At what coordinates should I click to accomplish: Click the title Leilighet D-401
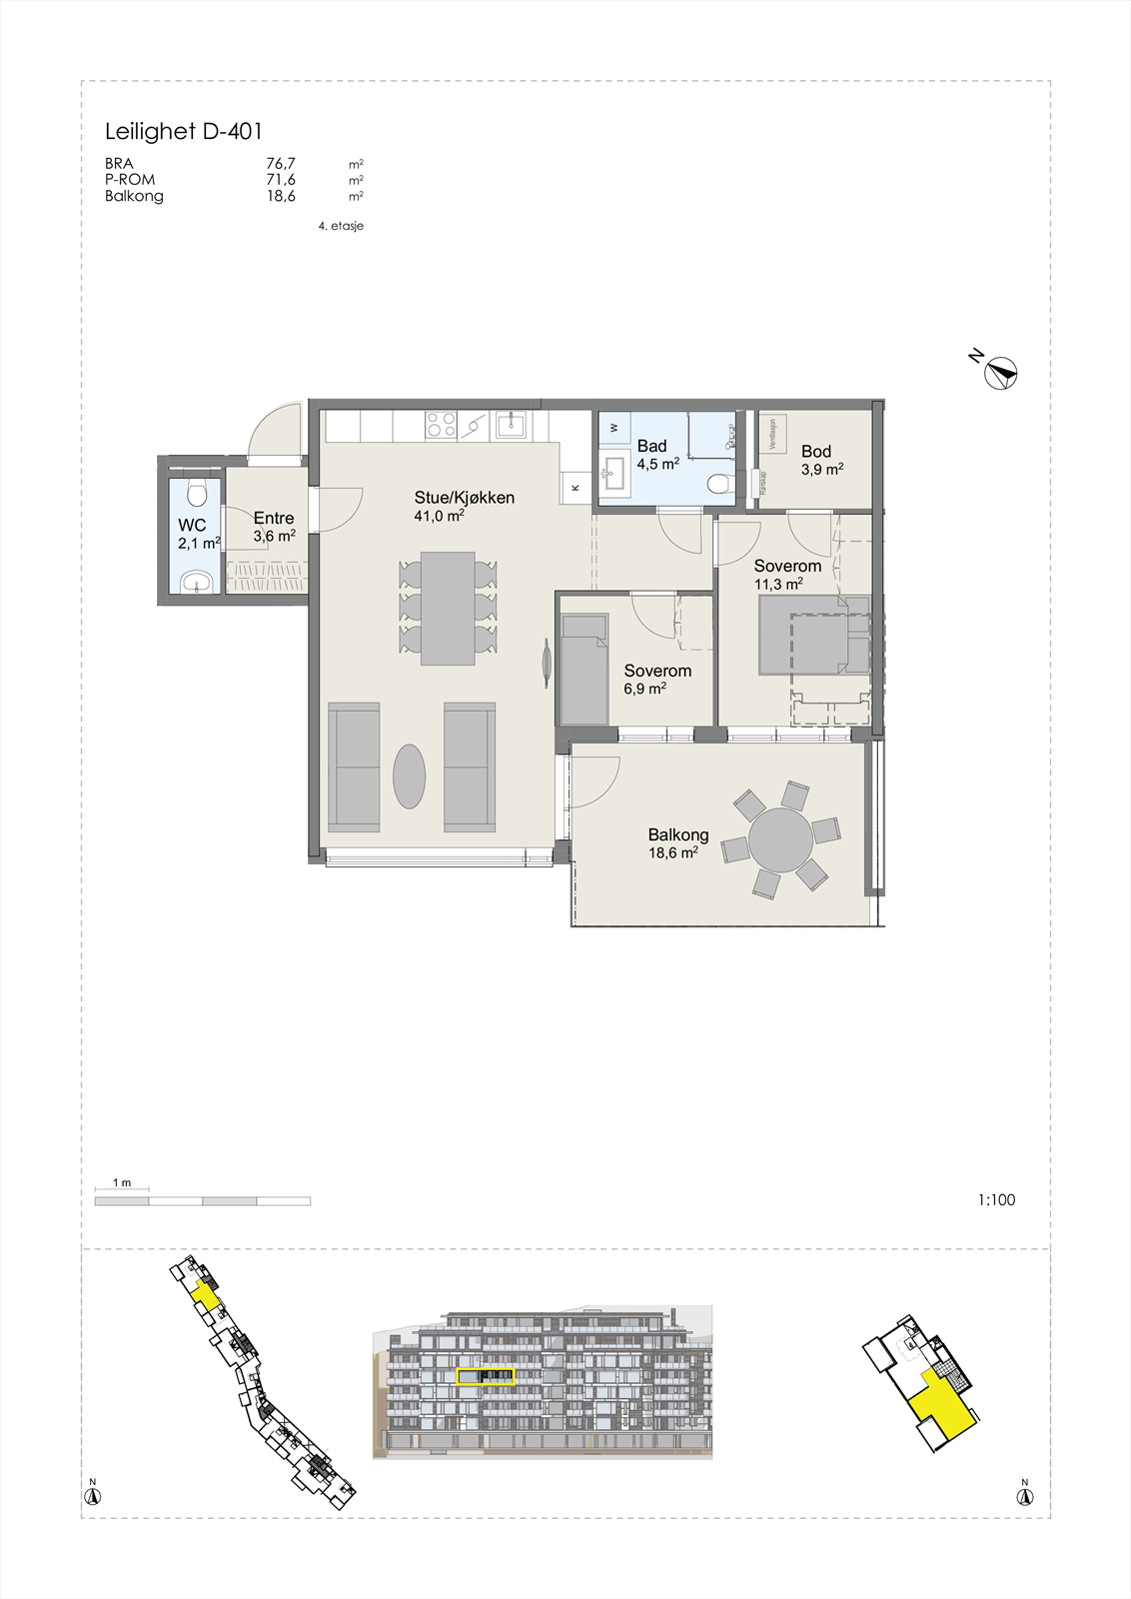tap(184, 131)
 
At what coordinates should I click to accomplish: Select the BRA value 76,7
tap(281, 164)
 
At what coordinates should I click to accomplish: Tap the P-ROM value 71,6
tap(281, 180)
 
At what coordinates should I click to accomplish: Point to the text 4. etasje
tap(341, 226)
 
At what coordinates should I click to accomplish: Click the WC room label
tap(192, 526)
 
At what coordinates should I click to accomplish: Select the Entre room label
tap(274, 518)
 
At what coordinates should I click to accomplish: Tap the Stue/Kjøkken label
tap(465, 498)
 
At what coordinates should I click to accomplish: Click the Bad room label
tap(652, 446)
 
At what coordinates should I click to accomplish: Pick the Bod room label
tap(816, 452)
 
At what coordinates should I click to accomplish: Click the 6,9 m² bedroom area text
tap(645, 689)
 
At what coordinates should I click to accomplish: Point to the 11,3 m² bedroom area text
tap(779, 585)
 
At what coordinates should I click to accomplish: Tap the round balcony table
tap(781, 840)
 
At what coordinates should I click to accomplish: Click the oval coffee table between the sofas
tap(410, 776)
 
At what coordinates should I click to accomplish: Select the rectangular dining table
tap(448, 609)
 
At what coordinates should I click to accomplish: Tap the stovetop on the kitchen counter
tap(442, 425)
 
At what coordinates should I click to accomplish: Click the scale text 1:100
tap(996, 1200)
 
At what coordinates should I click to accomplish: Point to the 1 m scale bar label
tap(122, 1183)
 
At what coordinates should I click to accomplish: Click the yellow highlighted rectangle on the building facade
tap(486, 1376)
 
